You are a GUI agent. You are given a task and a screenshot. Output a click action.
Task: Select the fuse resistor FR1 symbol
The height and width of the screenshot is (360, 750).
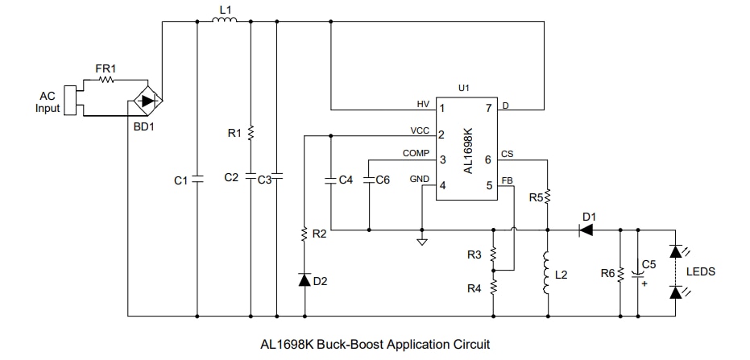[106, 81]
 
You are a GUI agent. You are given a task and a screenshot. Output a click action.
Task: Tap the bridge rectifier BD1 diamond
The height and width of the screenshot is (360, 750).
[146, 101]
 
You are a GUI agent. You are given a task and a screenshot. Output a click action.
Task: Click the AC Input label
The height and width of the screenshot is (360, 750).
[48, 102]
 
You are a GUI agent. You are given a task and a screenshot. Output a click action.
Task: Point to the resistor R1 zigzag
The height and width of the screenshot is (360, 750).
[251, 132]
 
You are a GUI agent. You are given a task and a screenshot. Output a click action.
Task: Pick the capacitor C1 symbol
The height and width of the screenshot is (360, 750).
[197, 180]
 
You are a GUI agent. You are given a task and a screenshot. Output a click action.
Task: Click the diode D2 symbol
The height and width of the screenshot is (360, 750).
[304, 279]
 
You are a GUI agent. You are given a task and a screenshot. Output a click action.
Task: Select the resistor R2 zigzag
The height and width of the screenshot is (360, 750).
[304, 234]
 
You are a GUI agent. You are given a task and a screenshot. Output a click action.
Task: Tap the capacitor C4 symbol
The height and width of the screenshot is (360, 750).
[331, 180]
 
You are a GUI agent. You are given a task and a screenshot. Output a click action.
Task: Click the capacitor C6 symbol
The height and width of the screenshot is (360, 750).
[368, 180]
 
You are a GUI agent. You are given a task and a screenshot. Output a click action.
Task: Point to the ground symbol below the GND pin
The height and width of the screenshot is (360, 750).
[421, 239]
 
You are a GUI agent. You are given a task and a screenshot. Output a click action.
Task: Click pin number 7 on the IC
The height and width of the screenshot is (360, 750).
[488, 107]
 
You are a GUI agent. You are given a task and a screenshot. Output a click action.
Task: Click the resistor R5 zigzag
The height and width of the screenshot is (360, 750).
[547, 197]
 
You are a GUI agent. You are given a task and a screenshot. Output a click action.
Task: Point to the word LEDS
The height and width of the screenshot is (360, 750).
[700, 272]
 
